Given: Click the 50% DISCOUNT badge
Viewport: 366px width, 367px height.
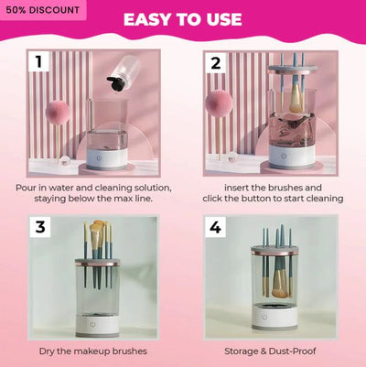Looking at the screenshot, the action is coord(43,10).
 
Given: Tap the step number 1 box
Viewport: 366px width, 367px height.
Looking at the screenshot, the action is coord(38,61).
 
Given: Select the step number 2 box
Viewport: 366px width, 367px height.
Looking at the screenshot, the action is coord(216,63).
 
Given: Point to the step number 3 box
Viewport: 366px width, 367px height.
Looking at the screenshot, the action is coord(40,227).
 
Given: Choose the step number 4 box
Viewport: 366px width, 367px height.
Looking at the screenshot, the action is coord(215,227).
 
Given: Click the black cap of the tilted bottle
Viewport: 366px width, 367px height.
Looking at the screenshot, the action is coord(116,83).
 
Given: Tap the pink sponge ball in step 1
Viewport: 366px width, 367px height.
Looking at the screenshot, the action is coord(58,113).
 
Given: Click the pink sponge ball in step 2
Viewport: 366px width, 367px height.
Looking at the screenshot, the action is coord(219,104).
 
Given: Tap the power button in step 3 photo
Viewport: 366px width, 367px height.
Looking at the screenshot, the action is coord(92,325).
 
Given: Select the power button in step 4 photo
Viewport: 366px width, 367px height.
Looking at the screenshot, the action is coord(264,318).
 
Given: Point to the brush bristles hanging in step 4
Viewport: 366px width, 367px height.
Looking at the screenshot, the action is coord(280,286).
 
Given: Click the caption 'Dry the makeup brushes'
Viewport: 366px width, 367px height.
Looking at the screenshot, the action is coord(93,351).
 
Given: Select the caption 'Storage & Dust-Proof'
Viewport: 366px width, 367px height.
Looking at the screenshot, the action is coord(270,351).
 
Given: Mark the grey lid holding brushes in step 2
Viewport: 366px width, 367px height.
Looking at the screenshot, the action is coord(293,69).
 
